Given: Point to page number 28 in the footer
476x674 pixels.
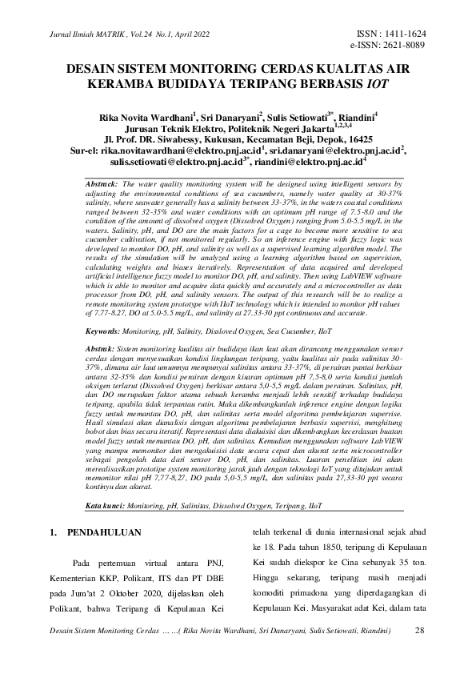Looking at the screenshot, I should pyautogui.click(x=420, y=631).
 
